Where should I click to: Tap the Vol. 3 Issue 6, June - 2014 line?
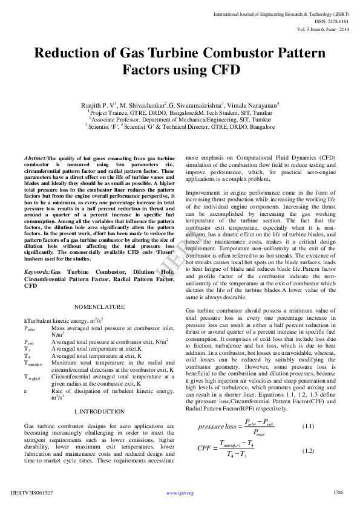(322, 28)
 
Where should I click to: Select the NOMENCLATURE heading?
(99, 306)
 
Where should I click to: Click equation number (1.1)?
(308, 426)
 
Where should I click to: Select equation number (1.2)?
(308, 450)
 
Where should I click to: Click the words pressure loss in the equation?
(217, 427)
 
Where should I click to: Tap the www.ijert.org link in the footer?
(180, 493)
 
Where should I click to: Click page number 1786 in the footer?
(338, 493)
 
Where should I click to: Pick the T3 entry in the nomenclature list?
(27, 349)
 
